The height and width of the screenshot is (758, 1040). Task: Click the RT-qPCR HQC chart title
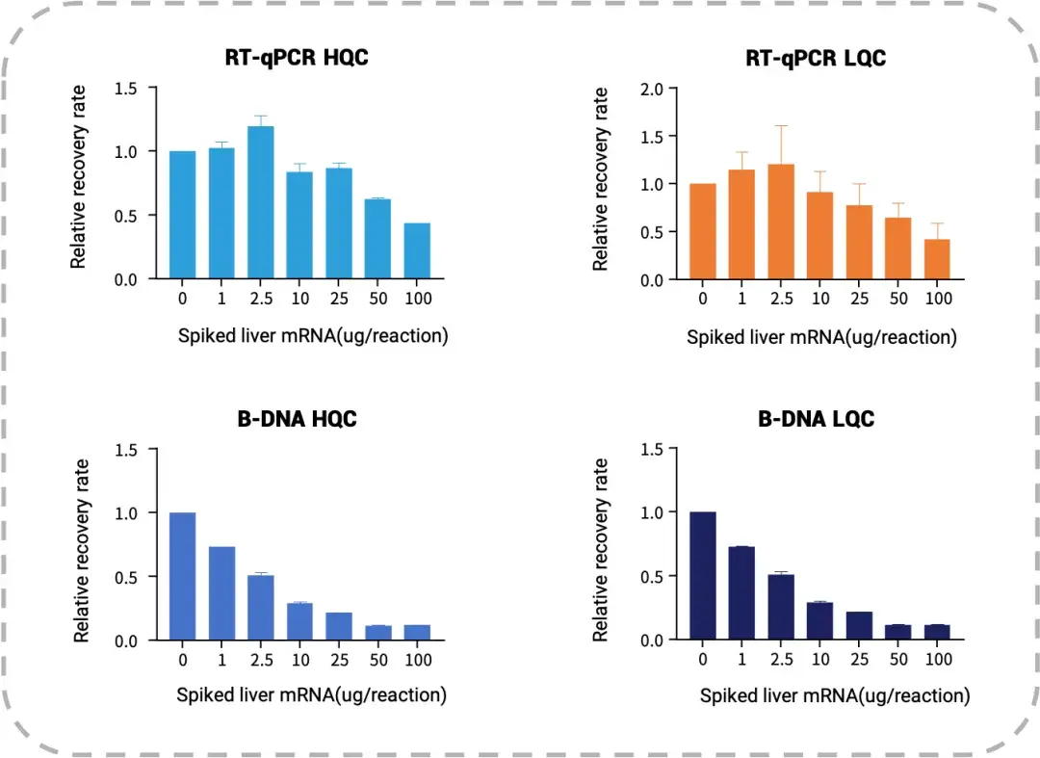pos(297,58)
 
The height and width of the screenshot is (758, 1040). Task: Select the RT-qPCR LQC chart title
pos(816,58)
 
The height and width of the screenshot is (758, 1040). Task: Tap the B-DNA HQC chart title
pos(297,420)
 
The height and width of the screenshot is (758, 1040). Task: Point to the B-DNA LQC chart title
pos(816,420)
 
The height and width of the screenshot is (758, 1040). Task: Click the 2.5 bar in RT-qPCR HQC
pos(261,203)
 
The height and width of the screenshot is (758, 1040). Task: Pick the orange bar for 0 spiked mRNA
pos(703,231)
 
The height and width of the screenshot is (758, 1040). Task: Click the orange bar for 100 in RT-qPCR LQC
pos(938,259)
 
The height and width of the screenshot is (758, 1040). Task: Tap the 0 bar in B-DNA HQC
pos(182,576)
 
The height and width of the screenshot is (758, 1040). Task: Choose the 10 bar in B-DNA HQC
pos(299,621)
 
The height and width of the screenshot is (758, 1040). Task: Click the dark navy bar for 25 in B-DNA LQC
pos(859,625)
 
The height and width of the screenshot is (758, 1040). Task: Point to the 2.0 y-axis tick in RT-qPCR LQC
pos(652,90)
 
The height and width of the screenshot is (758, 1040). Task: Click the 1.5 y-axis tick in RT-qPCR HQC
pos(130,90)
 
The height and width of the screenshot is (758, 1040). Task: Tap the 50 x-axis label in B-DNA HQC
pos(377,661)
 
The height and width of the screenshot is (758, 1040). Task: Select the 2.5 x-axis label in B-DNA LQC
pos(781,661)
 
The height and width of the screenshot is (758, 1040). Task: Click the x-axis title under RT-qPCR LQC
pos(821,337)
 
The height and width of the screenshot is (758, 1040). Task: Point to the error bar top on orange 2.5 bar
pos(781,125)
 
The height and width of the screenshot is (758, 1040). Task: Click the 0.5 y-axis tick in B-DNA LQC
pos(652,576)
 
